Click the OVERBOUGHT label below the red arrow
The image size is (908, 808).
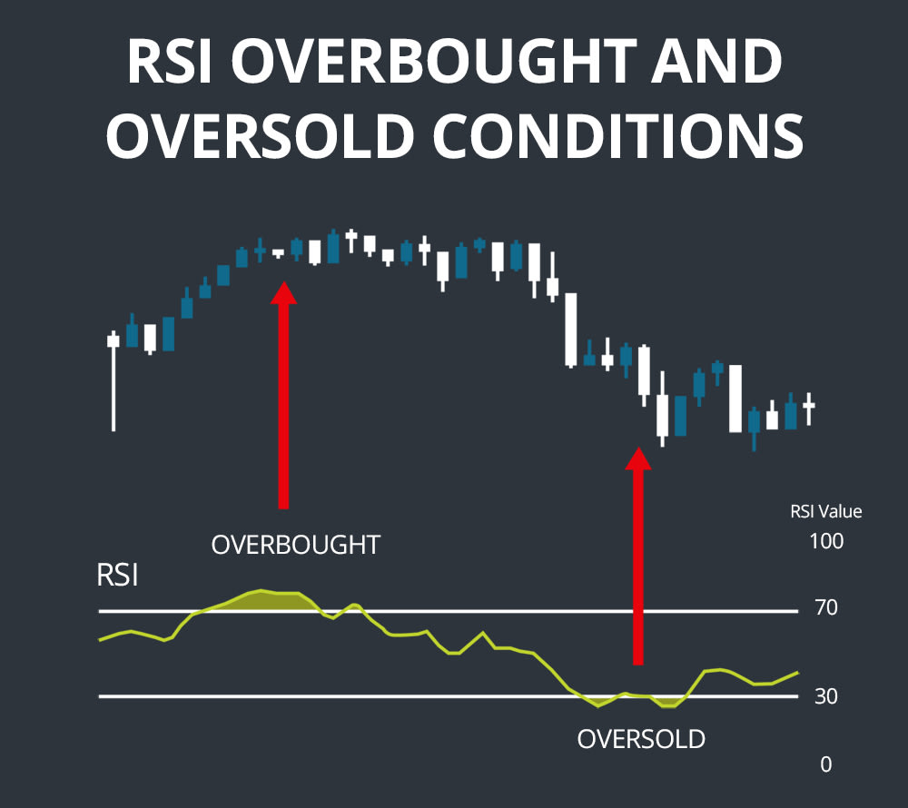(x=296, y=545)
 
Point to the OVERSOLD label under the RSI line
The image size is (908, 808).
(x=641, y=739)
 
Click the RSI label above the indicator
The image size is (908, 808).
(x=117, y=576)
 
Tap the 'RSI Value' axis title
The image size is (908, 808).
(x=825, y=512)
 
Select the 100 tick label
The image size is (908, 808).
(x=825, y=542)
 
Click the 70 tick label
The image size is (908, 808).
(x=825, y=608)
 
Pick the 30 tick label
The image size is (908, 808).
(x=825, y=697)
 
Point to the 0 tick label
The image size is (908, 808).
(x=825, y=765)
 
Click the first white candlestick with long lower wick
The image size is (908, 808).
(x=113, y=342)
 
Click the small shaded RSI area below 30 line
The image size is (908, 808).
(x=669, y=702)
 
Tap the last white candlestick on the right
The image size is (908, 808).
(x=808, y=406)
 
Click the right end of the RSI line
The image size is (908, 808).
(x=797, y=673)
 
